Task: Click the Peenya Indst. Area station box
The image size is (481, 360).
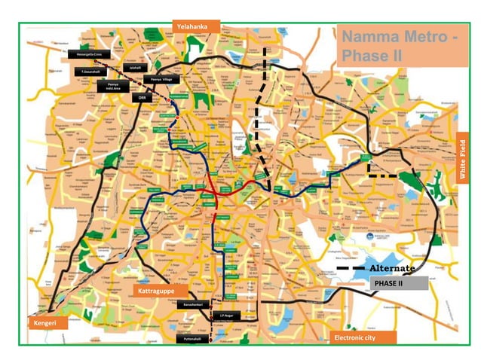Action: pos(112,86)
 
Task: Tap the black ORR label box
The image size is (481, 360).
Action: pos(141,97)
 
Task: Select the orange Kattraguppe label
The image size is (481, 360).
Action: pos(157,290)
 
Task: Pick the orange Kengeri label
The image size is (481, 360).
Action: pos(44,323)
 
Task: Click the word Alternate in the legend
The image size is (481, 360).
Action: pos(392,269)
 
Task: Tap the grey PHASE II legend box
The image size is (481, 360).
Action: pos(400,284)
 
